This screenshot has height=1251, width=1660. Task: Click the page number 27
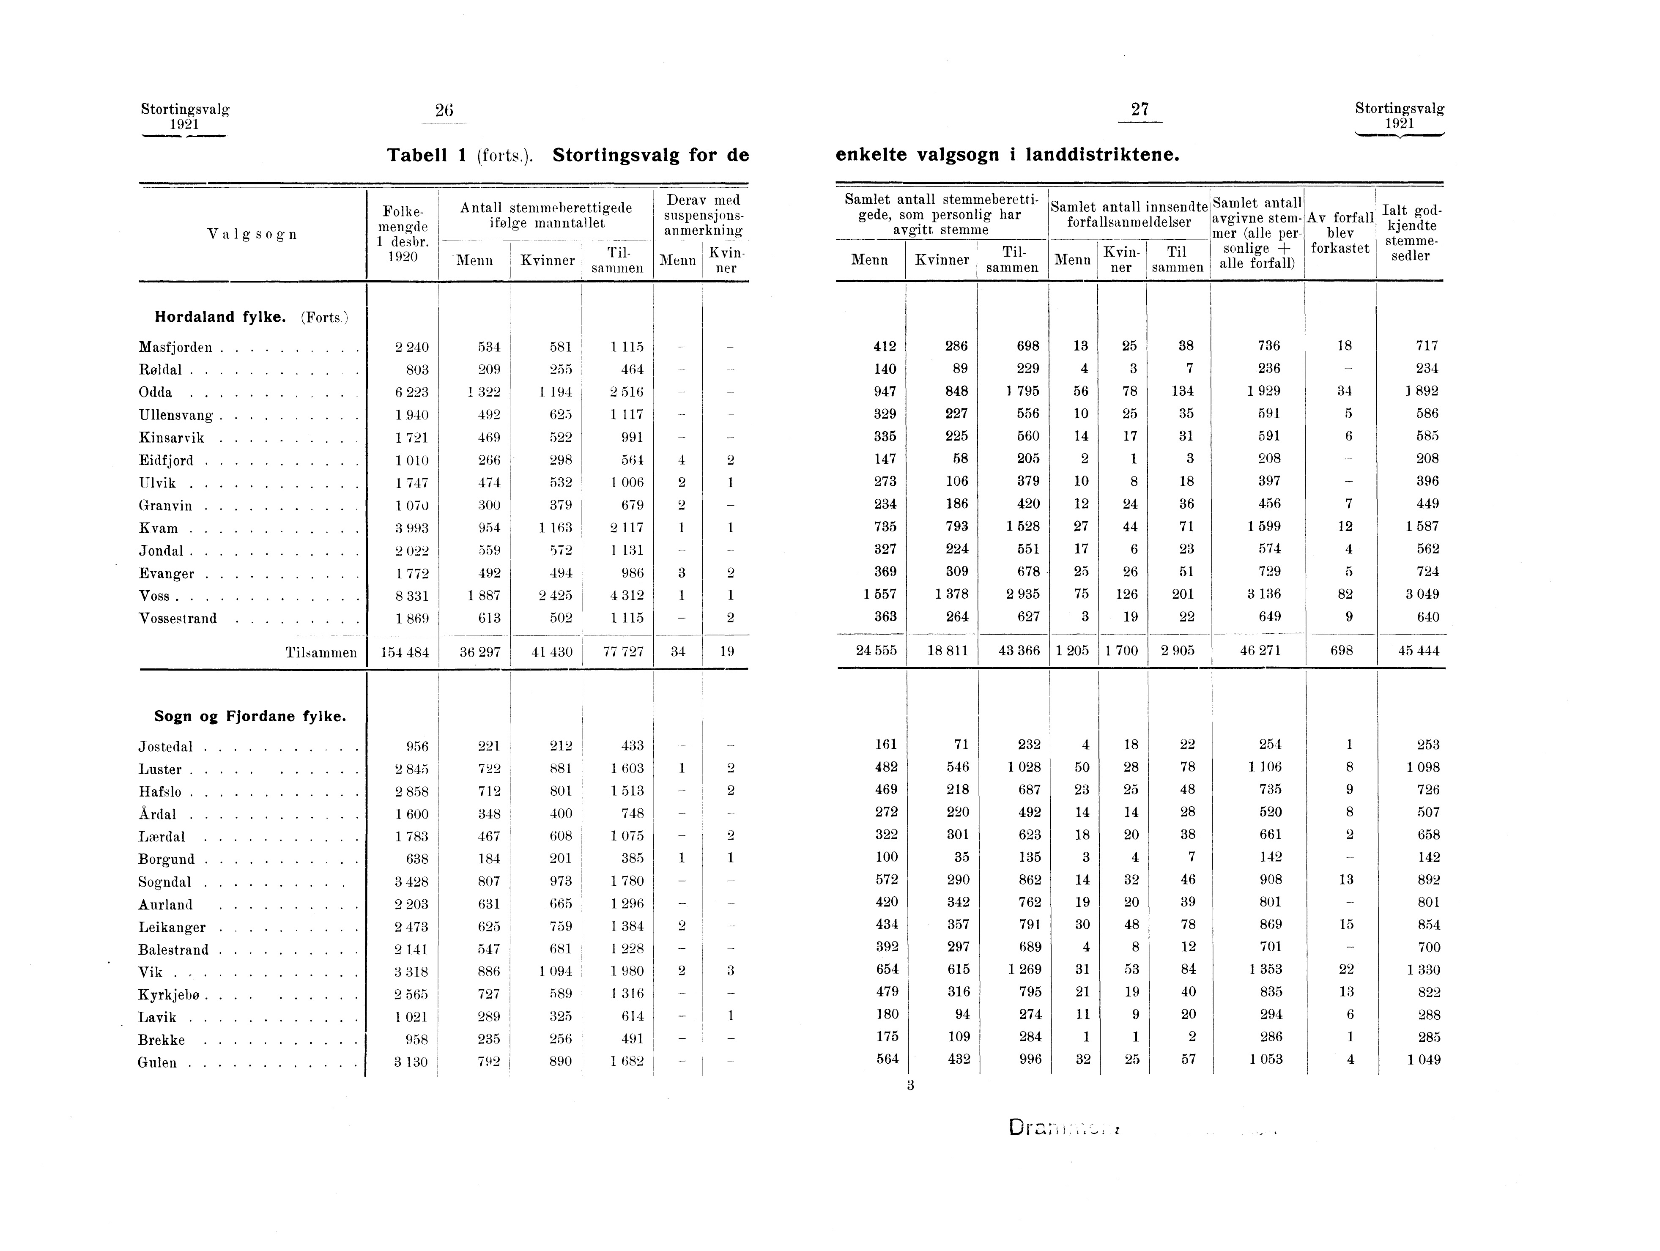coord(1140,109)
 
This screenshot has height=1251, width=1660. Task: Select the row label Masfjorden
coord(175,348)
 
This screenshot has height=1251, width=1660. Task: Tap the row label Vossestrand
coord(178,619)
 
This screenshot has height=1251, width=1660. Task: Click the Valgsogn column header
coord(252,234)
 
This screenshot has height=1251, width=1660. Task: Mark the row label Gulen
coord(158,1062)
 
